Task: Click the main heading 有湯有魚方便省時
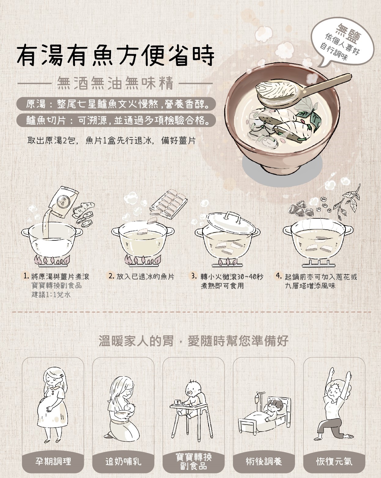[x=116, y=56]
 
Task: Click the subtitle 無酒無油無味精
[x=115, y=83]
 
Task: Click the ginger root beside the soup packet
[x=84, y=214]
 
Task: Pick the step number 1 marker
[x=27, y=276]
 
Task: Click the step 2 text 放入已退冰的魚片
[x=145, y=276]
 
